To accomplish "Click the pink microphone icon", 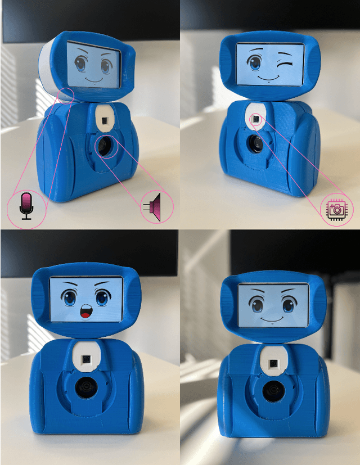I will (x=25, y=206).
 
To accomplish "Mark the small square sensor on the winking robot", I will (x=255, y=119).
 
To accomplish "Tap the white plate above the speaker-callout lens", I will (x=104, y=119).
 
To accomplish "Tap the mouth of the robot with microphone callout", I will (x=94, y=80).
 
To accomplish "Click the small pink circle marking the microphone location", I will (x=67, y=96).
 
